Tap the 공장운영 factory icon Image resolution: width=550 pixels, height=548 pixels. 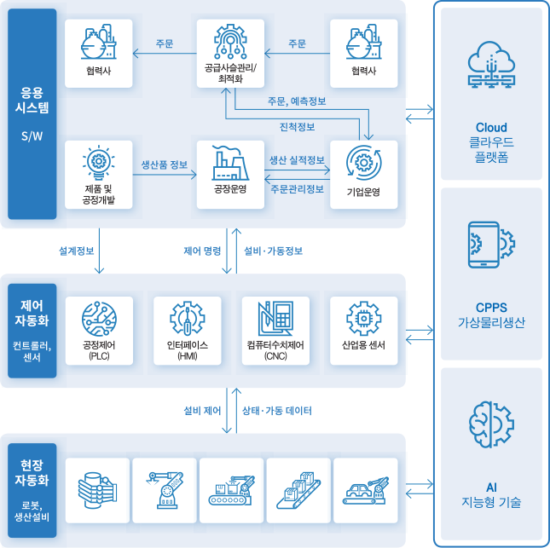point(231,162)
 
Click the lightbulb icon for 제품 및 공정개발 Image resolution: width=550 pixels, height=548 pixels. point(100,162)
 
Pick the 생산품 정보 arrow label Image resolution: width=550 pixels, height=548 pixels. point(165,164)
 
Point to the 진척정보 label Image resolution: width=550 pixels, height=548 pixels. point(297,127)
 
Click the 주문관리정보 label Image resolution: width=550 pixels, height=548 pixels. point(297,188)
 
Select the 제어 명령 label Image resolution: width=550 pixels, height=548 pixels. point(202,251)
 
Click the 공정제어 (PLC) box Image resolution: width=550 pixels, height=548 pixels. point(100,331)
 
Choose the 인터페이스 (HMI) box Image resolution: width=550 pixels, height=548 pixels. point(188,331)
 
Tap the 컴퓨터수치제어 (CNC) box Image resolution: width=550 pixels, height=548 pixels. point(275,331)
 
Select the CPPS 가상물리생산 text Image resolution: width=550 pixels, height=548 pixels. point(490,314)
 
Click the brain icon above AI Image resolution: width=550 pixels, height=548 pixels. point(490,424)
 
